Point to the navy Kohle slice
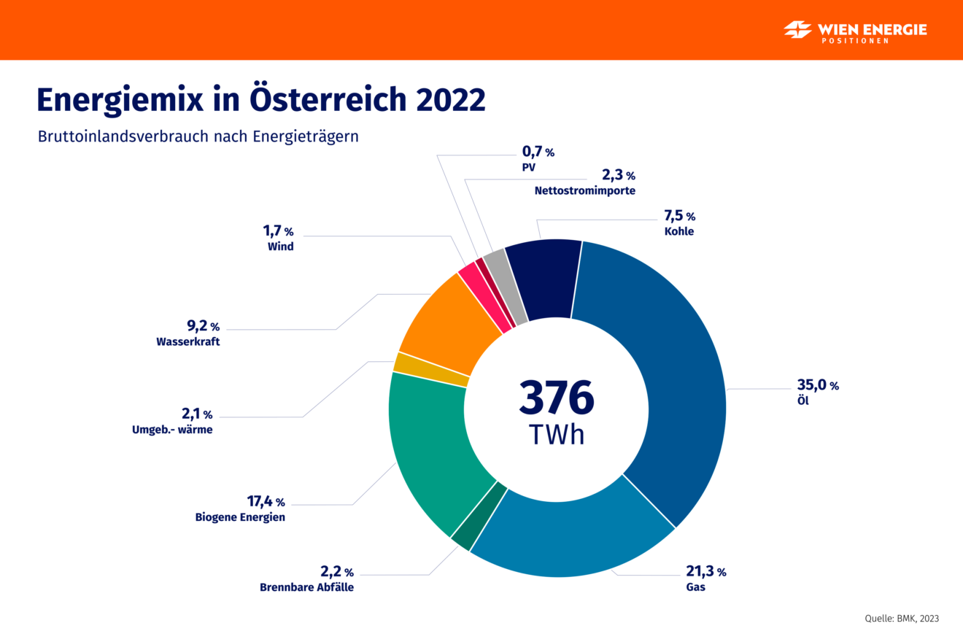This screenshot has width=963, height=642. coord(541,279)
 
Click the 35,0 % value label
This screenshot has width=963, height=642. coord(817,385)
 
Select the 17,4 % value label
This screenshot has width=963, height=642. coord(265,501)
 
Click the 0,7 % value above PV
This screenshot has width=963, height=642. coord(538,152)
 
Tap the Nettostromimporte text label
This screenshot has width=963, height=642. coord(584,191)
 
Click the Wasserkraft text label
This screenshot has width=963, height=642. coord(187,341)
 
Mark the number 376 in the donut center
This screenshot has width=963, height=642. coord(557,398)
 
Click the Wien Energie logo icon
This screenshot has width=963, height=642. coord(797,30)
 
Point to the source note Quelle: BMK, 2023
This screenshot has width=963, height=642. coord(902,618)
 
